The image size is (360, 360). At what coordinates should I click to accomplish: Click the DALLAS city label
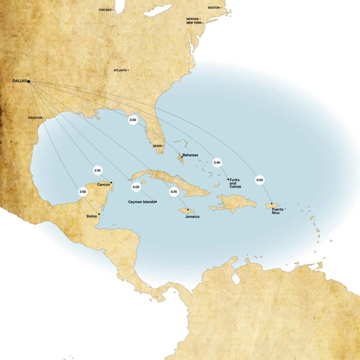pyautogui.click(x=19, y=81)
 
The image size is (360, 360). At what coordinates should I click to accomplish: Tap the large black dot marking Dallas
pyautogui.click(x=28, y=82)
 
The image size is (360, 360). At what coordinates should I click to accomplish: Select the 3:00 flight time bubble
pyautogui.click(x=133, y=120)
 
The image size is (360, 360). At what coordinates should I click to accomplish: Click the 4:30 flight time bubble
pyautogui.click(x=260, y=180)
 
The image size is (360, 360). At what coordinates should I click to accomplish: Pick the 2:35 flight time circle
pyautogui.click(x=97, y=171)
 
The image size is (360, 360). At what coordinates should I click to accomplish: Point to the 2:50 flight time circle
pyautogui.click(x=83, y=192)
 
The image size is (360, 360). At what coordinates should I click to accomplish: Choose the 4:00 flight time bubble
pyautogui.click(x=136, y=187)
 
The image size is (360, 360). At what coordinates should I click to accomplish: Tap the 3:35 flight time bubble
pyautogui.click(x=174, y=192)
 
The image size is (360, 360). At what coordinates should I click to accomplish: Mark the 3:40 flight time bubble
pyautogui.click(x=217, y=162)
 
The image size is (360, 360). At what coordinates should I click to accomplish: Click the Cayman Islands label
pyautogui.click(x=141, y=202)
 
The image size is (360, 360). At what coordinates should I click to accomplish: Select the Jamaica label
pyautogui.click(x=192, y=217)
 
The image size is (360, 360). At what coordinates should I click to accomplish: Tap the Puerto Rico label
pyautogui.click(x=277, y=211)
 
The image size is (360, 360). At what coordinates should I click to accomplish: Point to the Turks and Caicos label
pyautogui.click(x=235, y=183)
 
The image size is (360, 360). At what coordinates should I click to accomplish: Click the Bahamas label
pyautogui.click(x=190, y=155)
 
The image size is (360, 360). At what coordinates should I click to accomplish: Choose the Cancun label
pyautogui.click(x=103, y=185)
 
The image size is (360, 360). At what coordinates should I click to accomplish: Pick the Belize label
pyautogui.click(x=91, y=217)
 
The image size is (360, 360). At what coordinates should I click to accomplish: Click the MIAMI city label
pyautogui.click(x=158, y=146)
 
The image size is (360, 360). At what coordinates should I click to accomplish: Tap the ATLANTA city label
pyautogui.click(x=120, y=70)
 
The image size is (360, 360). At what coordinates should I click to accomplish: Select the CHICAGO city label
pyautogui.click(x=105, y=10)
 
